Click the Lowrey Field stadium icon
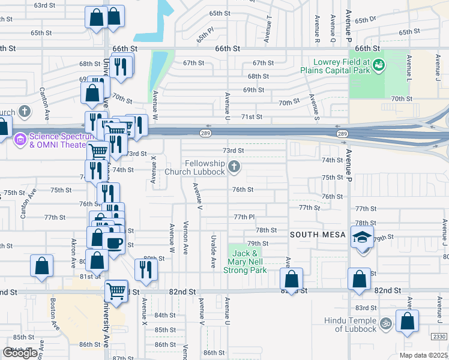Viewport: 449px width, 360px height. (379, 64)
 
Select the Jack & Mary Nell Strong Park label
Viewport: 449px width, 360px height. (245, 262)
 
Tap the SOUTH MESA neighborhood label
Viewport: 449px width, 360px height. (316, 235)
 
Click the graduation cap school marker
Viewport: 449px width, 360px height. (363, 238)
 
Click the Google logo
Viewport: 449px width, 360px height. (20, 353)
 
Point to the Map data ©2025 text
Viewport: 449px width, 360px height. (423, 355)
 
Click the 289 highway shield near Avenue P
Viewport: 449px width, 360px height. (342, 134)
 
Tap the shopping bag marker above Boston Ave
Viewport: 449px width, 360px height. (41, 266)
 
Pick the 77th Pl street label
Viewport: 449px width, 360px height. (244, 217)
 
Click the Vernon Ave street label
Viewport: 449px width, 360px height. (186, 238)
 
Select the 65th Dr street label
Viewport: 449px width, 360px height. (364, 20)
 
